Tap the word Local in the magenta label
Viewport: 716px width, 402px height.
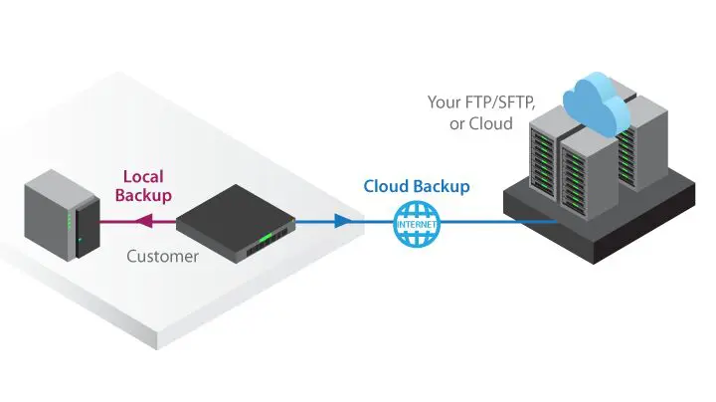(142, 174)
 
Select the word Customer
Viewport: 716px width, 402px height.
(162, 256)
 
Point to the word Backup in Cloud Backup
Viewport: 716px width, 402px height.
(444, 186)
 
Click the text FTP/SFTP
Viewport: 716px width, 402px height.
(500, 101)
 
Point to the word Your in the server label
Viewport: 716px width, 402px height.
(444, 101)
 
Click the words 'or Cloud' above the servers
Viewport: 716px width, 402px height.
(480, 124)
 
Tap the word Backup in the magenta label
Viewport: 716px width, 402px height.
(143, 195)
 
